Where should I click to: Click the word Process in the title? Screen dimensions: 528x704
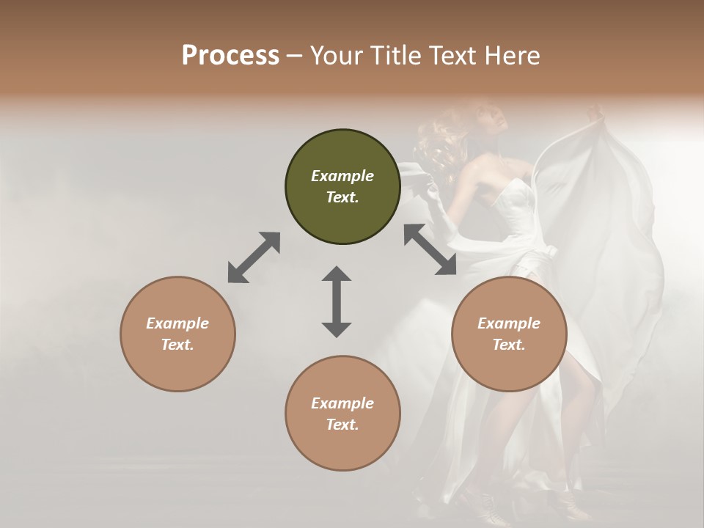point(230,56)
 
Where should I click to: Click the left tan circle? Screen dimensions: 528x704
point(177,334)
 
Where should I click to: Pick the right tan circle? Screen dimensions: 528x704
point(509,334)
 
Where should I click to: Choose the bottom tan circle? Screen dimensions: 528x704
point(342,413)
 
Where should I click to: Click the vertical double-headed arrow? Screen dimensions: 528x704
point(337,301)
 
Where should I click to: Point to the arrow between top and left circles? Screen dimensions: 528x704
point(254,257)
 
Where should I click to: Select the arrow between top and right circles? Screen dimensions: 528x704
point(430,250)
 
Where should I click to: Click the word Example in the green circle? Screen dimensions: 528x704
point(342,176)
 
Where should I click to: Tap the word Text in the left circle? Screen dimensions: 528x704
point(177,345)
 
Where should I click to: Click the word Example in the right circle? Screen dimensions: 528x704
point(509,323)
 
